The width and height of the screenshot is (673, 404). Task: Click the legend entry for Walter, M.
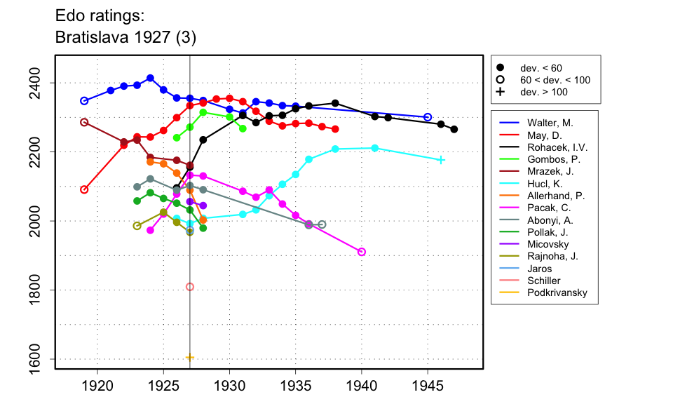pos(551,123)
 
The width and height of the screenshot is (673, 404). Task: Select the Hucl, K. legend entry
pos(546,183)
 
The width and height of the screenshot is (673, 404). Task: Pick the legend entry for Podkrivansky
pos(557,292)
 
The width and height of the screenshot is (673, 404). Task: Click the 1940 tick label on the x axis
pos(362,385)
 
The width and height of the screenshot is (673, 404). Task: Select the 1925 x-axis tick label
pos(163,385)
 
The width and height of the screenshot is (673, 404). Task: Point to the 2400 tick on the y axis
pos(38,83)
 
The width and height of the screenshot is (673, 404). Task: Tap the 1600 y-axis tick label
pos(38,359)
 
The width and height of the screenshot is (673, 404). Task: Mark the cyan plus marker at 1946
pos(441,160)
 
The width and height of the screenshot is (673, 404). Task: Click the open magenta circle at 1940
pos(362,252)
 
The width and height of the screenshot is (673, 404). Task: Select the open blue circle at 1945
pos(428,117)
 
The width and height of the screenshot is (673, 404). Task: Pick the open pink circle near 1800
pos(190,287)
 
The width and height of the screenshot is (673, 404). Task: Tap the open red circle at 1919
pos(84,189)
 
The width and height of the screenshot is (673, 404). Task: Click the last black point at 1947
pos(454,129)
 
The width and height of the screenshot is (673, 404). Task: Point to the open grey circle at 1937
pos(322,224)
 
